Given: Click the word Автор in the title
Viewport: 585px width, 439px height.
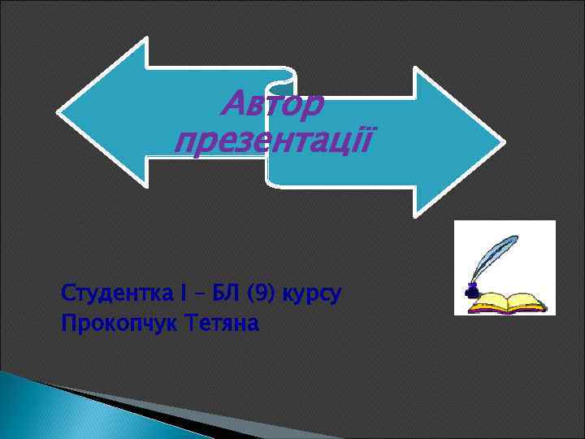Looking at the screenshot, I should pos(273,104).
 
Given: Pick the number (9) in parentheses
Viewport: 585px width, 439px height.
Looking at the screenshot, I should pos(262,293).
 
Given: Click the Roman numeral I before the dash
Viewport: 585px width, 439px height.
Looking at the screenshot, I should pos(184,293).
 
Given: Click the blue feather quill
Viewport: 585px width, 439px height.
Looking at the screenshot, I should pos(494,256).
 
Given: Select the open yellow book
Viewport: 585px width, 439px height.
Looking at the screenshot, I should pos(509,303).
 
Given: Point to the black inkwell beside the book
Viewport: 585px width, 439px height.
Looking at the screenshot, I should pos(470,289).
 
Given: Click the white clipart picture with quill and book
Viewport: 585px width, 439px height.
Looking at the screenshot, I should pos(505,267).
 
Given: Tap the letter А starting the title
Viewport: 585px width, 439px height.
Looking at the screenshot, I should pos(233,104).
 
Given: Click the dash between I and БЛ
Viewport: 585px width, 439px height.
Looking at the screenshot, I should pos(200,293).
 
